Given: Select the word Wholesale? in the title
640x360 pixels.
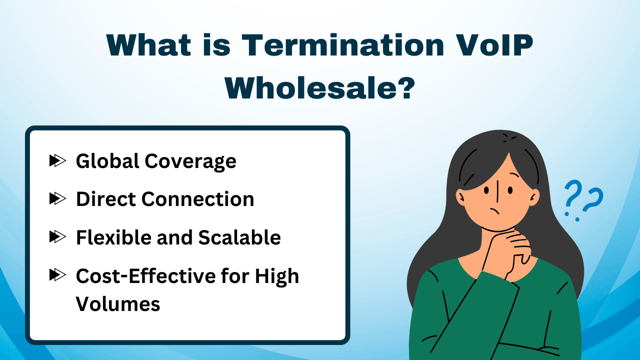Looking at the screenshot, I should point(320,88).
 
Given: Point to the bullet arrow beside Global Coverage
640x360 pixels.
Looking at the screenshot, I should point(57,160).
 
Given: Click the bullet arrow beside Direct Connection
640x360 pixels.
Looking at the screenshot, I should point(57,199).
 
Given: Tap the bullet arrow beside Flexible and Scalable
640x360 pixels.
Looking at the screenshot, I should point(57,237).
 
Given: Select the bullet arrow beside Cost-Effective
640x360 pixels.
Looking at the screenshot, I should point(57,275).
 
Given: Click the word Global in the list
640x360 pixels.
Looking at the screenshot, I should point(107,161).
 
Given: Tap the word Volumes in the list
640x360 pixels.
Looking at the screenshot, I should point(118,303).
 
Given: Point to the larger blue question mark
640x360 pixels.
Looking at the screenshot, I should point(591,200).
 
